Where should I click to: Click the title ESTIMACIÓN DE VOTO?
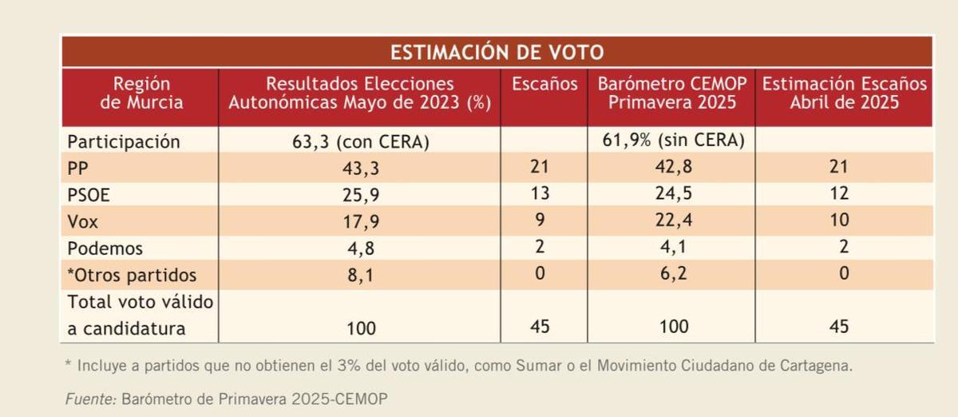pyautogui.click(x=496, y=53)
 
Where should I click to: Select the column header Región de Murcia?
pyautogui.click(x=141, y=93)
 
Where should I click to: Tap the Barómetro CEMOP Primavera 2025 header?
pyautogui.click(x=671, y=93)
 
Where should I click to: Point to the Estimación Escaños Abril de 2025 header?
pyautogui.click(x=845, y=93)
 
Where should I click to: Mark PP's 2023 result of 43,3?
pyautogui.click(x=359, y=168)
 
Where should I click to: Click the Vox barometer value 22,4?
pyautogui.click(x=671, y=220)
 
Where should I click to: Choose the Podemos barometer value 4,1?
pyautogui.click(x=671, y=247)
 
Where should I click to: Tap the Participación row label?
pyautogui.click(x=124, y=142)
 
